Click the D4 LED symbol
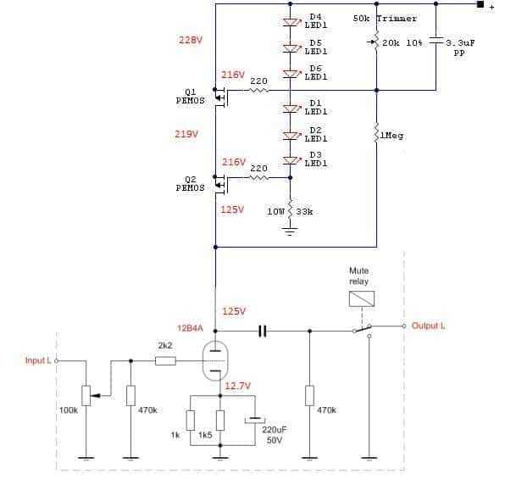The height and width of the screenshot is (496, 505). (291, 22)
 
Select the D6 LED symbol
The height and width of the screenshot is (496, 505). (291, 74)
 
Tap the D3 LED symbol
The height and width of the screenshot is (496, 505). (291, 160)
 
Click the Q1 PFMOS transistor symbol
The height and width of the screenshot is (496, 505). (222, 97)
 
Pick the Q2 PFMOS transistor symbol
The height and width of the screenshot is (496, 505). (222, 184)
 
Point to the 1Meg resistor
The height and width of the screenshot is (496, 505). (376, 131)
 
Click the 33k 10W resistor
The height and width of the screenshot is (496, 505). (290, 209)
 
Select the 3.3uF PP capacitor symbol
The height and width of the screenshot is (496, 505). (436, 42)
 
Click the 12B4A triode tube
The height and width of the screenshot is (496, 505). (215, 360)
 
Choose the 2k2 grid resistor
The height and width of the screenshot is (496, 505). (165, 361)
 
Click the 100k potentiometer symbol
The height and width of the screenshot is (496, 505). (87, 395)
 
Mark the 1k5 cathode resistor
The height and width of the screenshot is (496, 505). (220, 421)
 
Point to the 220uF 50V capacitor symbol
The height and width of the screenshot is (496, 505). (255, 420)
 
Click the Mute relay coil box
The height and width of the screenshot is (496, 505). (362, 298)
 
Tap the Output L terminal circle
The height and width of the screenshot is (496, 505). (404, 326)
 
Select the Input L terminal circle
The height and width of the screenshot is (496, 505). (57, 361)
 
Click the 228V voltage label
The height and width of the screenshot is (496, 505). (191, 41)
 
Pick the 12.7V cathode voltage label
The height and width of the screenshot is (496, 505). (238, 386)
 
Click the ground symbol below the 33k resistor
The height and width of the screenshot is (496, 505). (290, 231)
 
